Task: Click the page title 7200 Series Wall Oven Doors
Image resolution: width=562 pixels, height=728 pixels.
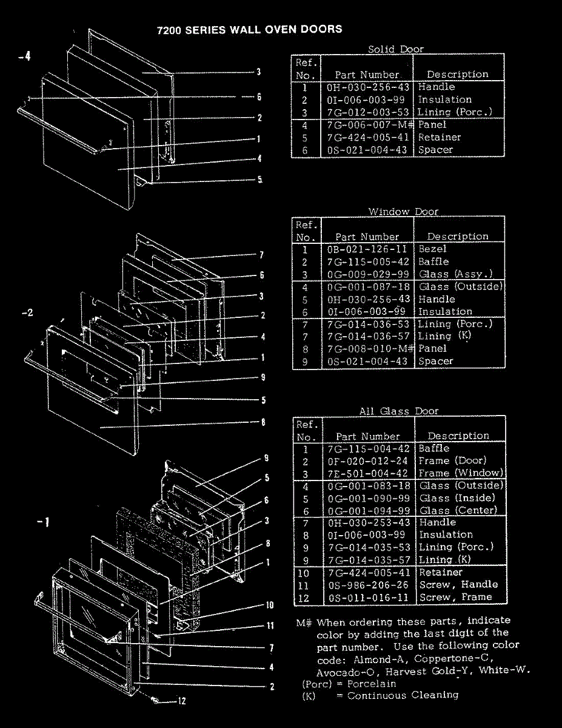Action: tap(249, 29)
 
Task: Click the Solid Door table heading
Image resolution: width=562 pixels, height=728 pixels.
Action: tap(396, 49)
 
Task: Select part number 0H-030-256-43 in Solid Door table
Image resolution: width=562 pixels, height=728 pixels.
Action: tap(367, 87)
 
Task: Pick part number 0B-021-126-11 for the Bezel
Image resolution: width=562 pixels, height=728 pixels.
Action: tap(367, 249)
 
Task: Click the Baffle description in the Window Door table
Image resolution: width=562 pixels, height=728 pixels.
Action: tap(433, 261)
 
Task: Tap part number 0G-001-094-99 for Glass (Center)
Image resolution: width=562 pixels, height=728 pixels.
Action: tap(368, 511)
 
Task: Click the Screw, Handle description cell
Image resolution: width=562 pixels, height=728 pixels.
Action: tap(458, 585)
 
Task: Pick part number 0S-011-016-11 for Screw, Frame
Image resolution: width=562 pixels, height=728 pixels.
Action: tap(368, 598)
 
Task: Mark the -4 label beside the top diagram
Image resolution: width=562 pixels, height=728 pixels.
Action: tap(24, 57)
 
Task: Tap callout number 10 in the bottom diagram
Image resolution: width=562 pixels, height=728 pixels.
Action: tap(270, 605)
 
